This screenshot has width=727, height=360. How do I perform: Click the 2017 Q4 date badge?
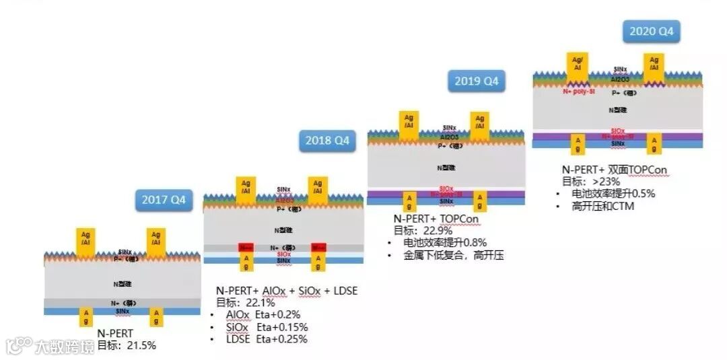[x=164, y=200]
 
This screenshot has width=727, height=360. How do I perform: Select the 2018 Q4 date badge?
[x=328, y=141]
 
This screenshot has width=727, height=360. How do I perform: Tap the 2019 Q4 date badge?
[x=477, y=81]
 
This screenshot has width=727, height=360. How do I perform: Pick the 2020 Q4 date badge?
[x=651, y=31]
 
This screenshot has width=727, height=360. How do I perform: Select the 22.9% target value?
[x=437, y=231]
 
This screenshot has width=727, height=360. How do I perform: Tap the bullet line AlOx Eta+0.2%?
[x=263, y=314]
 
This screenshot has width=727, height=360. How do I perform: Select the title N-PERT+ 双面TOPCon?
[x=615, y=170]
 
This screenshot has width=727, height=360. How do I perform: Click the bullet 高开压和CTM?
[x=603, y=206]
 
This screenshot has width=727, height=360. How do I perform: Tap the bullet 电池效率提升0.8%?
[x=444, y=242]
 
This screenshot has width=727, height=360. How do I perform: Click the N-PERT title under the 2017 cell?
[x=115, y=333]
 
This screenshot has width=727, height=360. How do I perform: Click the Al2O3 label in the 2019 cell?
[x=447, y=137]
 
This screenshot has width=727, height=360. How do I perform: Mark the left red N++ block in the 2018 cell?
[x=246, y=248]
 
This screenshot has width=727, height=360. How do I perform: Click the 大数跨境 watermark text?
[x=65, y=347]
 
